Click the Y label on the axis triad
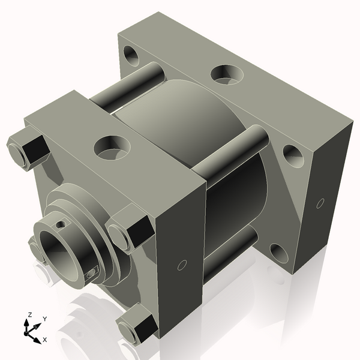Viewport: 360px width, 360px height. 45,319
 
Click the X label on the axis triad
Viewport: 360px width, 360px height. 45,340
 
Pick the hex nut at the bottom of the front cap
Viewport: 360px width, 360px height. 137,325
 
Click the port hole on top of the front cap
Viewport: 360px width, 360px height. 112,146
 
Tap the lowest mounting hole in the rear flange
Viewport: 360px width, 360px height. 277,254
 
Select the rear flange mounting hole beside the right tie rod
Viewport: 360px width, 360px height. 293,155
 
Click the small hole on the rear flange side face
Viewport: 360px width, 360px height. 320,204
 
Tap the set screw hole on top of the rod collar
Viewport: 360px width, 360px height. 62,224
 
